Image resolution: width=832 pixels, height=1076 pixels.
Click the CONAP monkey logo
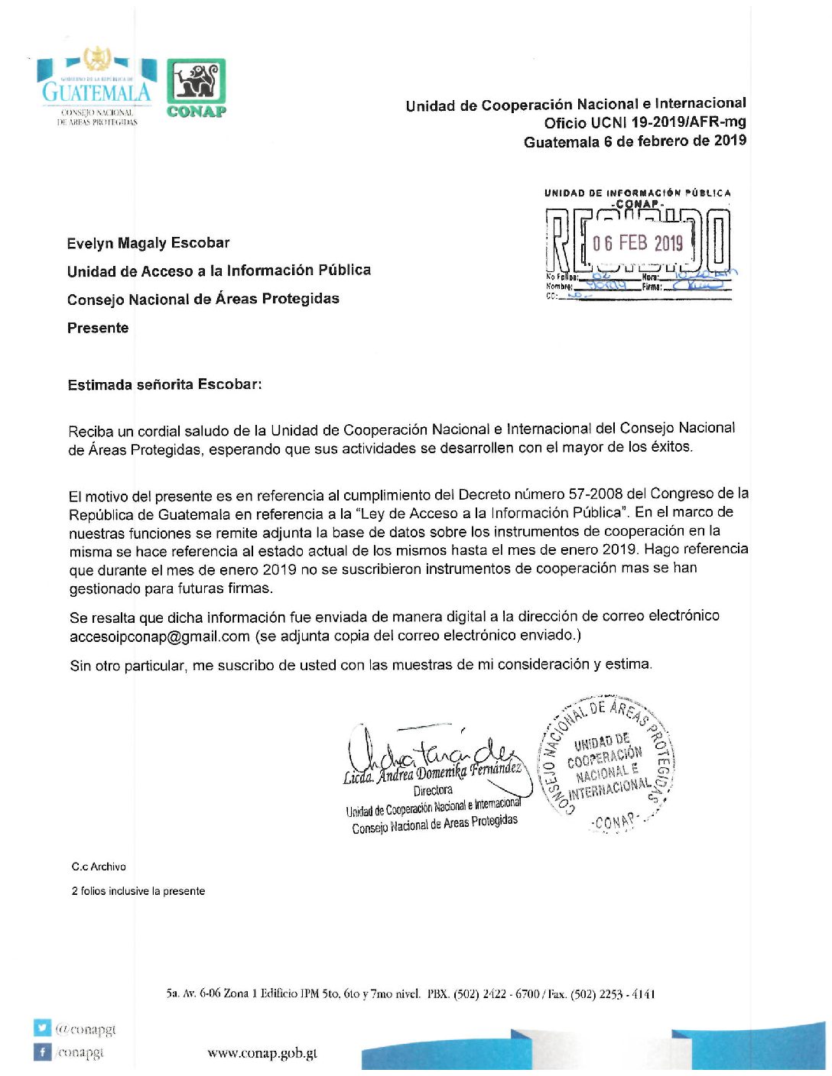pyautogui.click(x=197, y=82)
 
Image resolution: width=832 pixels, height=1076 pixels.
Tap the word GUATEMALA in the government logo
pyautogui.click(x=96, y=93)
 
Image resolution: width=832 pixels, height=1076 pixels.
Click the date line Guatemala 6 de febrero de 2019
pyautogui.click(x=635, y=141)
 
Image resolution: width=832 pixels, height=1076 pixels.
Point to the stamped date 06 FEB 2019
pyautogui.click(x=638, y=243)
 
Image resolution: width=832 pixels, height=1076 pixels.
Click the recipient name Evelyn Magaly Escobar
pyautogui.click(x=148, y=243)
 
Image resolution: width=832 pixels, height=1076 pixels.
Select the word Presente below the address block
pyautogui.click(x=98, y=328)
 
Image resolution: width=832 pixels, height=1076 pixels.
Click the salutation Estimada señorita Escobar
pyautogui.click(x=164, y=384)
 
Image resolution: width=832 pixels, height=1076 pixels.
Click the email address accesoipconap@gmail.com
pyautogui.click(x=160, y=636)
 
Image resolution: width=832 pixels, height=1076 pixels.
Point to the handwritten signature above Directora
pyautogui.click(x=428, y=745)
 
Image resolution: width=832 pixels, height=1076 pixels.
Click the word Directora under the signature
pyautogui.click(x=433, y=790)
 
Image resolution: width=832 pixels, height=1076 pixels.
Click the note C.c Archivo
pyautogui.click(x=99, y=867)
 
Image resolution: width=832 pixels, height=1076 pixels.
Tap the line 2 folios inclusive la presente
pyautogui.click(x=138, y=891)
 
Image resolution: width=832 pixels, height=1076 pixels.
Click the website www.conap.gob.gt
pyautogui.click(x=262, y=1053)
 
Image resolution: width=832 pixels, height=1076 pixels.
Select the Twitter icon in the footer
pyautogui.click(x=42, y=1028)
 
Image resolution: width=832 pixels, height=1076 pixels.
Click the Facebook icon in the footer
pyautogui.click(x=42, y=1052)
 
